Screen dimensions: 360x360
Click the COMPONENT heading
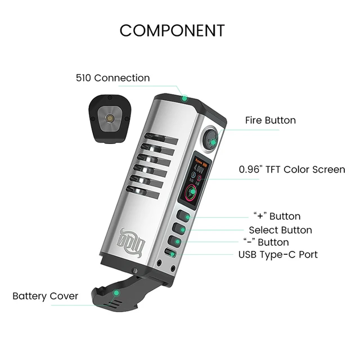coord(172,30)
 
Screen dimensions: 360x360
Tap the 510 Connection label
coord(113,78)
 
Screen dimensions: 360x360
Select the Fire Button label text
coord(270,120)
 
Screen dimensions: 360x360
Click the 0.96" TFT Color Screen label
coord(292,169)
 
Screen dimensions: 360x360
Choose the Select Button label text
coord(280,229)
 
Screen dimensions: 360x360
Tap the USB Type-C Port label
coord(278,254)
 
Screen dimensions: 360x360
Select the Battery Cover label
coord(46,295)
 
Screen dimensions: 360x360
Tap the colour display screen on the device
coord(192,179)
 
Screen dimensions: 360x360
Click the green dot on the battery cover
coord(116,293)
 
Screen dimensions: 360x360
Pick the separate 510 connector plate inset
coord(110,118)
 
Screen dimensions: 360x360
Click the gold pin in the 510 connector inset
coord(110,118)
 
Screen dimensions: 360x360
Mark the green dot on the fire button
coord(213,142)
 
